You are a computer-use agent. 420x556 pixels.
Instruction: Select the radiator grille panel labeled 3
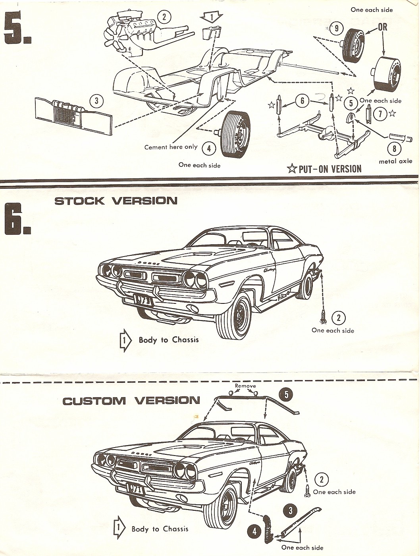73,114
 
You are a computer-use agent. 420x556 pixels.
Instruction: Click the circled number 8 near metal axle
394,149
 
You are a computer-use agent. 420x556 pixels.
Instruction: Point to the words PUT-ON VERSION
329,169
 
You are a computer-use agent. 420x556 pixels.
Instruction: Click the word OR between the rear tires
383,27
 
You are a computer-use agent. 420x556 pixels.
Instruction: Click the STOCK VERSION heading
116,201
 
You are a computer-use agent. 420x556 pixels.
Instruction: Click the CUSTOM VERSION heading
131,401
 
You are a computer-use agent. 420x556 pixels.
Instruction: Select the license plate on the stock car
142,300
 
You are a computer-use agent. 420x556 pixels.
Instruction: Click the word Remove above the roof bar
245,386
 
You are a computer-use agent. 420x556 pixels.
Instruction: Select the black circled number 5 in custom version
286,394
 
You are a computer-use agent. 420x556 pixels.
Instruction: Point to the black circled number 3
290,511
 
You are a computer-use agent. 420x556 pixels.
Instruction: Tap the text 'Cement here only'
171,147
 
